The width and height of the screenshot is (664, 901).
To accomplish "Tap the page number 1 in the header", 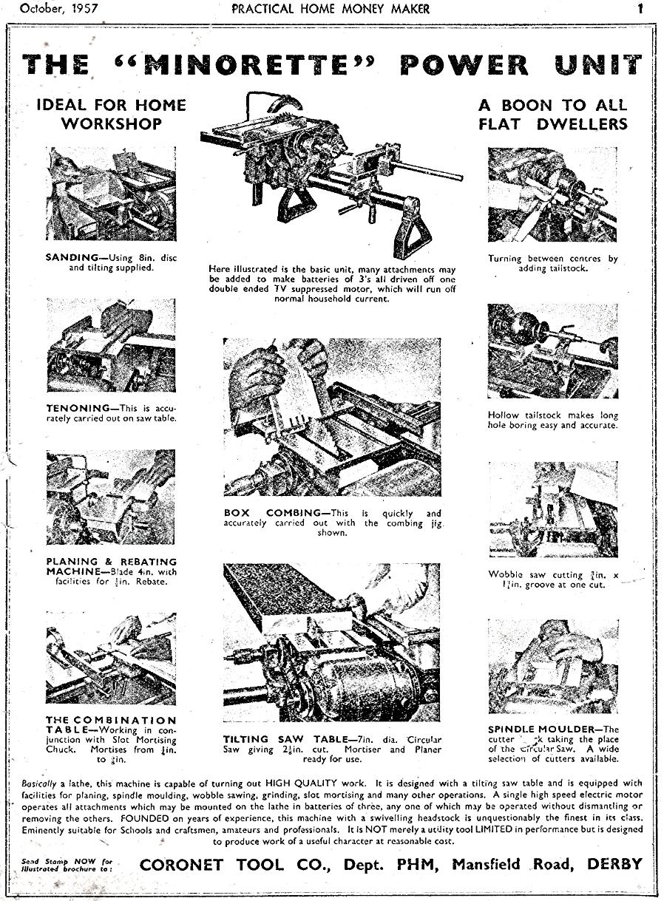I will (x=640, y=10).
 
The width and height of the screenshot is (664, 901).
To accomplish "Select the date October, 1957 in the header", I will (x=60, y=10).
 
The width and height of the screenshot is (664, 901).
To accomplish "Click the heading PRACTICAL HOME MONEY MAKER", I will (x=330, y=10).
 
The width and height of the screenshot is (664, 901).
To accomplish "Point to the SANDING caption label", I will (x=72, y=257).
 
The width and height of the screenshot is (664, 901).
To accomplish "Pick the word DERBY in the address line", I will (x=614, y=864).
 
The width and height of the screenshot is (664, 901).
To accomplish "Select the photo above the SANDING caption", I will (x=111, y=194).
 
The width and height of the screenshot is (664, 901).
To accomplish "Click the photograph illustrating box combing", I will (x=332, y=417).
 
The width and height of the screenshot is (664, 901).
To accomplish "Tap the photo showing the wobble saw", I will (x=552, y=510).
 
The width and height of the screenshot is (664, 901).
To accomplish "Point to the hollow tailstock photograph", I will (x=552, y=350).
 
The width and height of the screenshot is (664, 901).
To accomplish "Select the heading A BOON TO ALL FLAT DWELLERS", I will (x=552, y=114).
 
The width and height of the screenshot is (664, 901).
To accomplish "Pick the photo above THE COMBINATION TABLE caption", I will (x=111, y=658).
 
